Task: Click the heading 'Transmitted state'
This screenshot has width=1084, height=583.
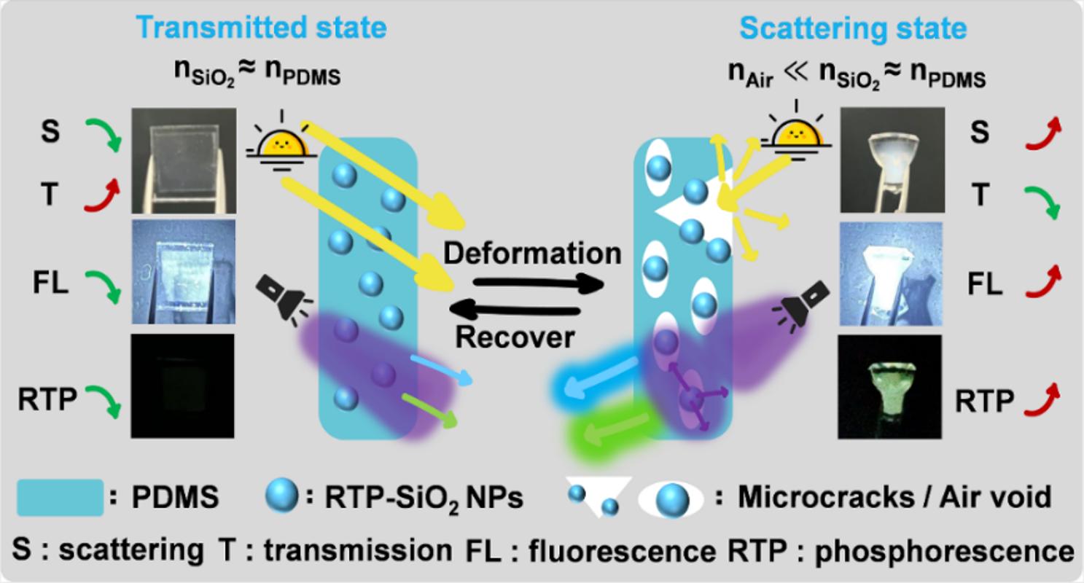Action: point(261,28)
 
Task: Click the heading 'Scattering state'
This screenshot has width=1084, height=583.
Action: point(853,28)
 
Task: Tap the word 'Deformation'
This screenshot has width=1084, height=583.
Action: point(532,254)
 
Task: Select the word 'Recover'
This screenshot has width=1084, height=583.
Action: point(515,337)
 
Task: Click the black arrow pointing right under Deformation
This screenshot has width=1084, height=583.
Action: point(538,283)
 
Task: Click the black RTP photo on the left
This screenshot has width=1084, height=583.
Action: point(182,386)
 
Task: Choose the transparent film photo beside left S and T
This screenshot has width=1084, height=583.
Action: point(184,160)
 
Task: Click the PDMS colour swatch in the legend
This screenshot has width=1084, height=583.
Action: point(61,497)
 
